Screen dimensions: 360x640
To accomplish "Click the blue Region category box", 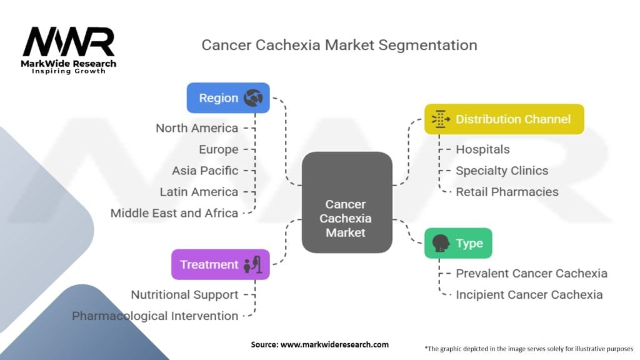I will point(228,98).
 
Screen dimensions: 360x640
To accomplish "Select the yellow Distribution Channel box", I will point(504,119).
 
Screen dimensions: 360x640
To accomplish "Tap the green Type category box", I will point(458,243).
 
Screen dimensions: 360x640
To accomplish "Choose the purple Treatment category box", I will point(221,264).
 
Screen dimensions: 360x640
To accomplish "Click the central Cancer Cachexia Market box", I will point(346,217).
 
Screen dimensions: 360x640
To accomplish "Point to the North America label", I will point(197,128).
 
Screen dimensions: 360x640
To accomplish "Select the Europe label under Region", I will point(218,149).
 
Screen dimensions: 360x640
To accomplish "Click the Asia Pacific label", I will point(205,171).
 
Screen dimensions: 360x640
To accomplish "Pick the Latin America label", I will point(199,192).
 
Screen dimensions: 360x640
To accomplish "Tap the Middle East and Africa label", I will point(174,213).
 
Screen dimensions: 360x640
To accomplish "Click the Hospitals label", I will point(482,149).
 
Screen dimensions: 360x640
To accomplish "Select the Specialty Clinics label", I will point(502,171).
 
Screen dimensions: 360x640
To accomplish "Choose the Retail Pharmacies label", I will point(507,192).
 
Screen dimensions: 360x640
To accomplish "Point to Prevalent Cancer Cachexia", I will point(531,273).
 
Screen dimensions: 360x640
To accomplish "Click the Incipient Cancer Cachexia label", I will point(529,294).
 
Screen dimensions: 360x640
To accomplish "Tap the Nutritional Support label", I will point(184,294).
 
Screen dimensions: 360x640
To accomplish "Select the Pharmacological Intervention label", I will point(155,316).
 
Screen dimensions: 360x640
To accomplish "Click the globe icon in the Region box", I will point(253,97).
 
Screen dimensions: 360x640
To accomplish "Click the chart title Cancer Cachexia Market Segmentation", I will point(339,45).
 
